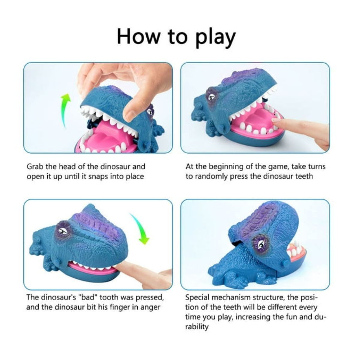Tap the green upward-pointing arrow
tap(66, 111)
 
